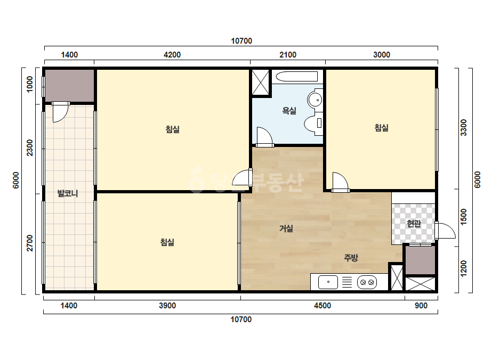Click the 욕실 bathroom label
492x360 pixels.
click(x=289, y=110)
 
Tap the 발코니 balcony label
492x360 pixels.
click(x=68, y=193)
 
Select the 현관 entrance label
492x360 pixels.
click(x=414, y=224)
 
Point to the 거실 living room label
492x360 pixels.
click(x=286, y=228)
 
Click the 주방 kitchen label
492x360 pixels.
click(x=351, y=258)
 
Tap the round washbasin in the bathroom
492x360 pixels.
click(x=315, y=99)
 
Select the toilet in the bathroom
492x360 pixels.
click(x=314, y=123)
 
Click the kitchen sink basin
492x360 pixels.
click(x=328, y=282)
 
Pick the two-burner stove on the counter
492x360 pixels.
click(x=367, y=282)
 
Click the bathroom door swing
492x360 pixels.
click(x=264, y=136)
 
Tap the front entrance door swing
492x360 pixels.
click(x=445, y=231)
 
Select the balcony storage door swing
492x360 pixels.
click(x=60, y=112)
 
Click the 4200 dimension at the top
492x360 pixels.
click(x=172, y=55)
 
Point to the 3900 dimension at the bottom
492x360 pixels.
click(x=167, y=306)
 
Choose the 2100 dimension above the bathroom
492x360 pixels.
click(x=288, y=55)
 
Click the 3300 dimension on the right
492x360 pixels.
click(x=463, y=128)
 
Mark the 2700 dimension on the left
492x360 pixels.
click(x=29, y=243)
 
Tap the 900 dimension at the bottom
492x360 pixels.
click(x=421, y=306)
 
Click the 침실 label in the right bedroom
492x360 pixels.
click(x=381, y=128)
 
